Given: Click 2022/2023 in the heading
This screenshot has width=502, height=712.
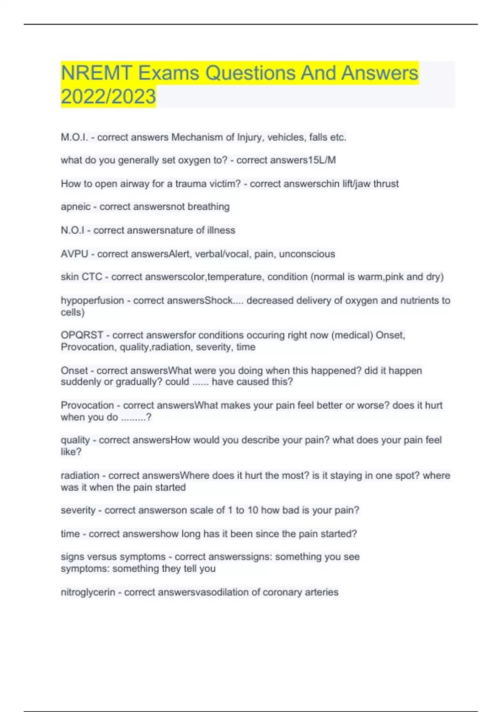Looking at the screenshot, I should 108,97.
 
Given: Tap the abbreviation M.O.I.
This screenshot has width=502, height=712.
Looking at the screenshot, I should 74,137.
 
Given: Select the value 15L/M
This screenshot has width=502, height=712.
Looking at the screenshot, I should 322,160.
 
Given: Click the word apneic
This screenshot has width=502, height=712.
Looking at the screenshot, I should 75,207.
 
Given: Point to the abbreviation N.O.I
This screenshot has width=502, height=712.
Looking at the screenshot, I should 72,230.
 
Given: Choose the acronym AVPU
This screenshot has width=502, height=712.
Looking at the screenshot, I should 74,254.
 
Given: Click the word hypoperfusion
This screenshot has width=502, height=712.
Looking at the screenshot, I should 92,301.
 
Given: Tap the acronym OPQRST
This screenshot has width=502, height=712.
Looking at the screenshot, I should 82,335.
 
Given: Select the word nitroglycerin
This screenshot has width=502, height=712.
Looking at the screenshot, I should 88,592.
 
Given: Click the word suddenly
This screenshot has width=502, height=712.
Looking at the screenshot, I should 79,382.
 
